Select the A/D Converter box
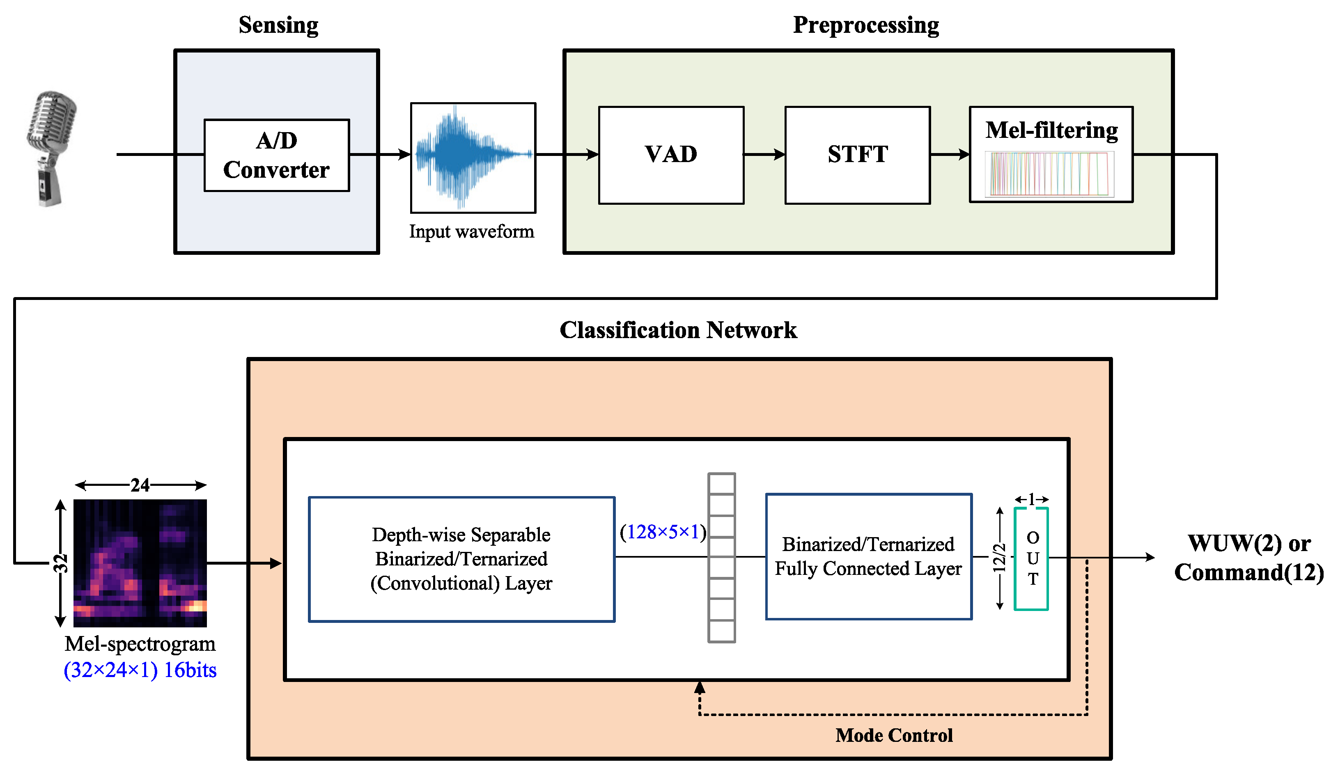277,155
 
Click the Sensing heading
278,25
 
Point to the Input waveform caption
472,231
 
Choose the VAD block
671,155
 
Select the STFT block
857,155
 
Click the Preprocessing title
866,25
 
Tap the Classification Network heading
678,330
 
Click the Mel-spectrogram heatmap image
140,563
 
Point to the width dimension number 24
140,485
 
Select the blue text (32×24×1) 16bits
140,670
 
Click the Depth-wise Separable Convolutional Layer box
461,559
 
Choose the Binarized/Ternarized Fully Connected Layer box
868,556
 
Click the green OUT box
1031,558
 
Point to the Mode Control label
894,735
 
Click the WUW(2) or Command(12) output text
1248,557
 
